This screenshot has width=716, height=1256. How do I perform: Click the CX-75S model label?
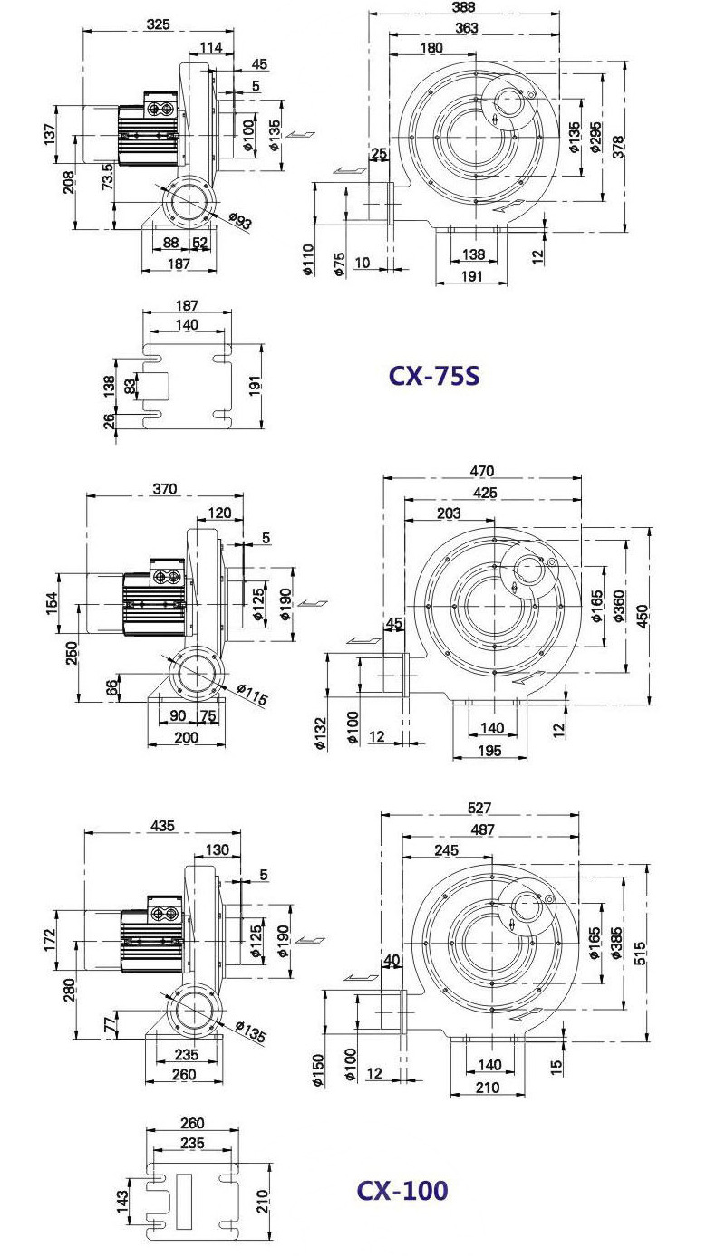(434, 376)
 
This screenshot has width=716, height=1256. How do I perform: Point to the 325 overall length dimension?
(159, 24)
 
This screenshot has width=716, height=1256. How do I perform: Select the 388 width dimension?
(463, 6)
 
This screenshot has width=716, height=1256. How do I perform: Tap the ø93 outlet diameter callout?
(241, 221)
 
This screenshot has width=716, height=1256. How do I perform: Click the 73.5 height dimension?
(107, 176)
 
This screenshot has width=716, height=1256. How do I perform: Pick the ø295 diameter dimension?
(595, 137)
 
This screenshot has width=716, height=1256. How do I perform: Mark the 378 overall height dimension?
(618, 147)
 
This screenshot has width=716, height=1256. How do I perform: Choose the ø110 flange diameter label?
(308, 260)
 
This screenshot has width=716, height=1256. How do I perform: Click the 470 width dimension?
(482, 471)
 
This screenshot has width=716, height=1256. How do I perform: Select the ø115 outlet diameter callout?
(252, 695)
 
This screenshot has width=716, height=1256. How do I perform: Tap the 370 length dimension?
(165, 489)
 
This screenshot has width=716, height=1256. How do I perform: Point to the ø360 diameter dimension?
(619, 606)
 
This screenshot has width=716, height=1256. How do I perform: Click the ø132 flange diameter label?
(321, 733)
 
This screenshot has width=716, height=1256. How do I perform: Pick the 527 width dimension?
(479, 808)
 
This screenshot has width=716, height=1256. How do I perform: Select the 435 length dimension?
(163, 825)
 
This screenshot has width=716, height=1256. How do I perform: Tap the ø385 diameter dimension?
(616, 943)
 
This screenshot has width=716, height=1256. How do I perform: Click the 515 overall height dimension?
(640, 954)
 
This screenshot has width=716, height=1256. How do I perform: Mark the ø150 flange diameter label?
(317, 1070)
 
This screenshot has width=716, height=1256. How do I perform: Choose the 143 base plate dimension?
(121, 1202)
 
